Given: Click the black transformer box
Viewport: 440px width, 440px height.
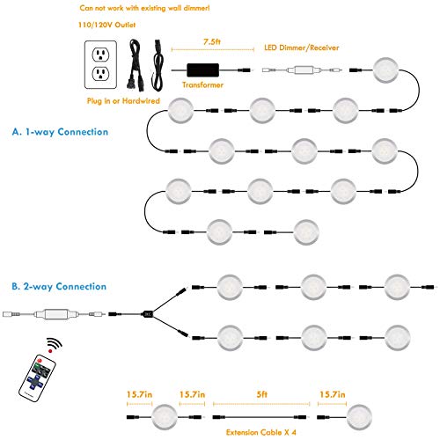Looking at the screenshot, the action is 203,70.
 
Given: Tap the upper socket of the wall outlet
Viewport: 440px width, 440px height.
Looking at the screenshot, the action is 100,55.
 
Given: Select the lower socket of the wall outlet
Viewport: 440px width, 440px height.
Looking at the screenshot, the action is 100,74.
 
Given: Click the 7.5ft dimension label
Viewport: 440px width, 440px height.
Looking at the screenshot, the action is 212,42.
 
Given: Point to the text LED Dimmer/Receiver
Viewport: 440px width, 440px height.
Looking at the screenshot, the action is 302,48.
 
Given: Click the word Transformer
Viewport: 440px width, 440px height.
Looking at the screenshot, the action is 202,84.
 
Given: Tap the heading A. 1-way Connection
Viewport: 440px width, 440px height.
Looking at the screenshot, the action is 60,132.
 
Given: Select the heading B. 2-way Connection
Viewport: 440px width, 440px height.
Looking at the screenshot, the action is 59,286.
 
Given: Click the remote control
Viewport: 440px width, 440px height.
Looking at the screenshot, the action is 37,378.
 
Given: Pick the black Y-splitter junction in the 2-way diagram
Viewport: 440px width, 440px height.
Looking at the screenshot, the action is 147,314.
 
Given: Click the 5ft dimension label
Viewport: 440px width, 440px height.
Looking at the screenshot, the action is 262,394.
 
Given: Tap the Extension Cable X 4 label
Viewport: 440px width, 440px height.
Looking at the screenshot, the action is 261,432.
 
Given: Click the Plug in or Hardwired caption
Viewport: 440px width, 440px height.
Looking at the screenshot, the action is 123,101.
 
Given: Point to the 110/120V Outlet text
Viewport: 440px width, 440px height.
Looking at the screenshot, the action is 106,25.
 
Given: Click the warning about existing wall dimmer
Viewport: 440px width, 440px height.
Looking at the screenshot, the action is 144,8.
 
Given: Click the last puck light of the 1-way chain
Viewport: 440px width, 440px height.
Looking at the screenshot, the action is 306,232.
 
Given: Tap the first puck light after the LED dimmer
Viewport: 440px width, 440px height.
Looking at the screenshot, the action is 385,70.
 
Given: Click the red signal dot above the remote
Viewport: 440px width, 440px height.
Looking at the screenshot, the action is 50,351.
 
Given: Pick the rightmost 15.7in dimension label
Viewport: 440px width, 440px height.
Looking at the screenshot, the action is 333,394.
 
